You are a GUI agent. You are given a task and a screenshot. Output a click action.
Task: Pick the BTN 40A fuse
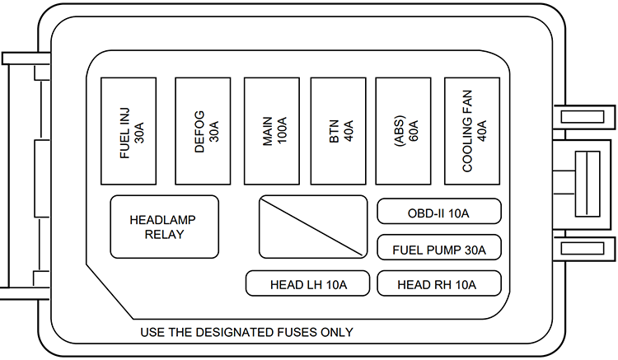(339, 131)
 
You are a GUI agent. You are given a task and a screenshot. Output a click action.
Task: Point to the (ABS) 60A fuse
(404, 131)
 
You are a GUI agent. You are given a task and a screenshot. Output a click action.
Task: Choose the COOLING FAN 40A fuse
(473, 131)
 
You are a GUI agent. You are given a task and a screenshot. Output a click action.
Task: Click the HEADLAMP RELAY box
(165, 227)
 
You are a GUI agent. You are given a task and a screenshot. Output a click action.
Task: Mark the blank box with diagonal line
(313, 227)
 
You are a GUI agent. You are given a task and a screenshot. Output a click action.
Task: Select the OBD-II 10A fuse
(439, 212)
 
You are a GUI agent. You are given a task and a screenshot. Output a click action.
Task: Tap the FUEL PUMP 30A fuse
(439, 248)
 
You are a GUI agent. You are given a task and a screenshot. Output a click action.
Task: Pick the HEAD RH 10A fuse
(439, 284)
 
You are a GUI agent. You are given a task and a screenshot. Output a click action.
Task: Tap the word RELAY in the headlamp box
(165, 235)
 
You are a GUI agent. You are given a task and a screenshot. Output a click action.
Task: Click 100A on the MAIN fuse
(280, 131)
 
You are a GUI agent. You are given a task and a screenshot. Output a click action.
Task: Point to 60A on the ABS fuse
(412, 131)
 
